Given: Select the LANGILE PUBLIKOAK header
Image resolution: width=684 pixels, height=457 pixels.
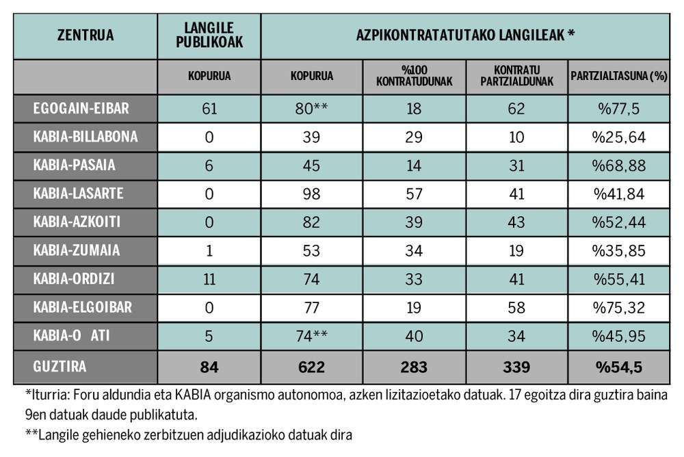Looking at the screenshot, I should (209, 36).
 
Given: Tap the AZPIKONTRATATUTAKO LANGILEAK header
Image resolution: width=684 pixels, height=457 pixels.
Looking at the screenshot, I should (465, 36).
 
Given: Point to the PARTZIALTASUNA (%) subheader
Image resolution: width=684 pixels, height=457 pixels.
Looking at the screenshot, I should (618, 77).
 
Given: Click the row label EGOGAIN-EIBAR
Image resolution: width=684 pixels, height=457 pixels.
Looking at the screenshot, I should (81, 109).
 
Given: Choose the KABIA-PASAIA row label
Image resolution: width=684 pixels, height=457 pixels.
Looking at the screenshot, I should (75, 165).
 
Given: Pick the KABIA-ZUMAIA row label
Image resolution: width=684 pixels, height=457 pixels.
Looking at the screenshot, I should (77, 250).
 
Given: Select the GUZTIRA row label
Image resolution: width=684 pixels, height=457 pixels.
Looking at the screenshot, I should (60, 367).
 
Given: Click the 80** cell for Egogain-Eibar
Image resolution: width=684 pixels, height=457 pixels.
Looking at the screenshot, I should (312, 109).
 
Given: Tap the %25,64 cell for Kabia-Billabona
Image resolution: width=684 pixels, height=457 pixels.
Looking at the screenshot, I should (618, 137).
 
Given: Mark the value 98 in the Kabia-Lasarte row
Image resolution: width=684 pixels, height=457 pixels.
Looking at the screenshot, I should (311, 194).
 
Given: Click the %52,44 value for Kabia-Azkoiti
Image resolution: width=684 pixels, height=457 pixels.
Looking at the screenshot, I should (618, 222).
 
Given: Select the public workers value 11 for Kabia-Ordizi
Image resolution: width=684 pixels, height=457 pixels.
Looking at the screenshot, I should (209, 279).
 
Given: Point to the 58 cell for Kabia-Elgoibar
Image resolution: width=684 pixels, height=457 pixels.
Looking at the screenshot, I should (516, 308).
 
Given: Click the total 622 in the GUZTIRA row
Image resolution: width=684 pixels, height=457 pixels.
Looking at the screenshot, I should (311, 367).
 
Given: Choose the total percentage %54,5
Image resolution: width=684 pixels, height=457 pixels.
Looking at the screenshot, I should (618, 367).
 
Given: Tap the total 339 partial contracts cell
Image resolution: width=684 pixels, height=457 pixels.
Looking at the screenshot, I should (516, 367).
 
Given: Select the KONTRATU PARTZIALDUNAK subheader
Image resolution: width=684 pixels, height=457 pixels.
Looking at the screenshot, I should (516, 77).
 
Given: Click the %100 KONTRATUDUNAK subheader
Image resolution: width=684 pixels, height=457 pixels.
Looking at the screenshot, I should (414, 77).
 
